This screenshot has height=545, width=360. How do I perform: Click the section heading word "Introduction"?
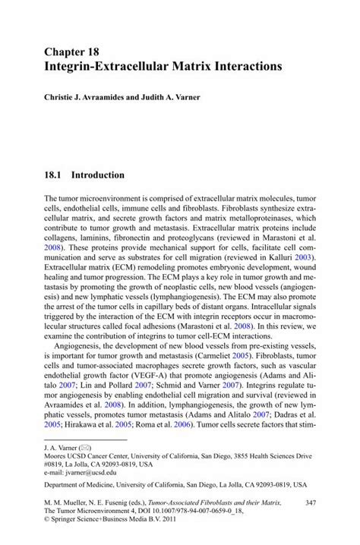coord(97,175)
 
